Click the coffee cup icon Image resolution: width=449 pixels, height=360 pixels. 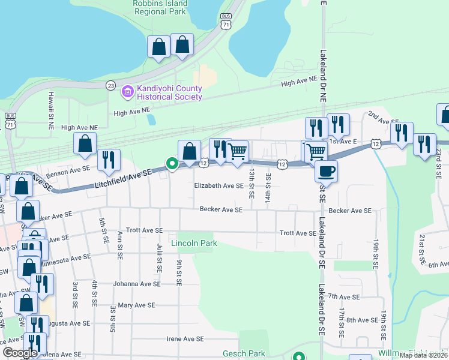click(326, 171)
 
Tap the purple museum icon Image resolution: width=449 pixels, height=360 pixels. click(127, 92)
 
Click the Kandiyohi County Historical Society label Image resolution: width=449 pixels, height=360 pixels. click(169, 92)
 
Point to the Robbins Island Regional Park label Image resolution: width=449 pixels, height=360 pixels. click(160, 7)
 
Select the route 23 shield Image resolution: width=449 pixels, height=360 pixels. click(110, 86)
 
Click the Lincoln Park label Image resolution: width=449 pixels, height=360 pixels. click(193, 243)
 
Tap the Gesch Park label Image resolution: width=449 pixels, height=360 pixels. click(244, 353)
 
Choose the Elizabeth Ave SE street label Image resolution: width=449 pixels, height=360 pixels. click(218, 186)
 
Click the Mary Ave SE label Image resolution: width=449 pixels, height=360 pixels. click(133, 305)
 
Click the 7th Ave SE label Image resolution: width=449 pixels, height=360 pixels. click(344, 297)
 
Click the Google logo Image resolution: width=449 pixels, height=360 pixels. click(20, 353)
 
